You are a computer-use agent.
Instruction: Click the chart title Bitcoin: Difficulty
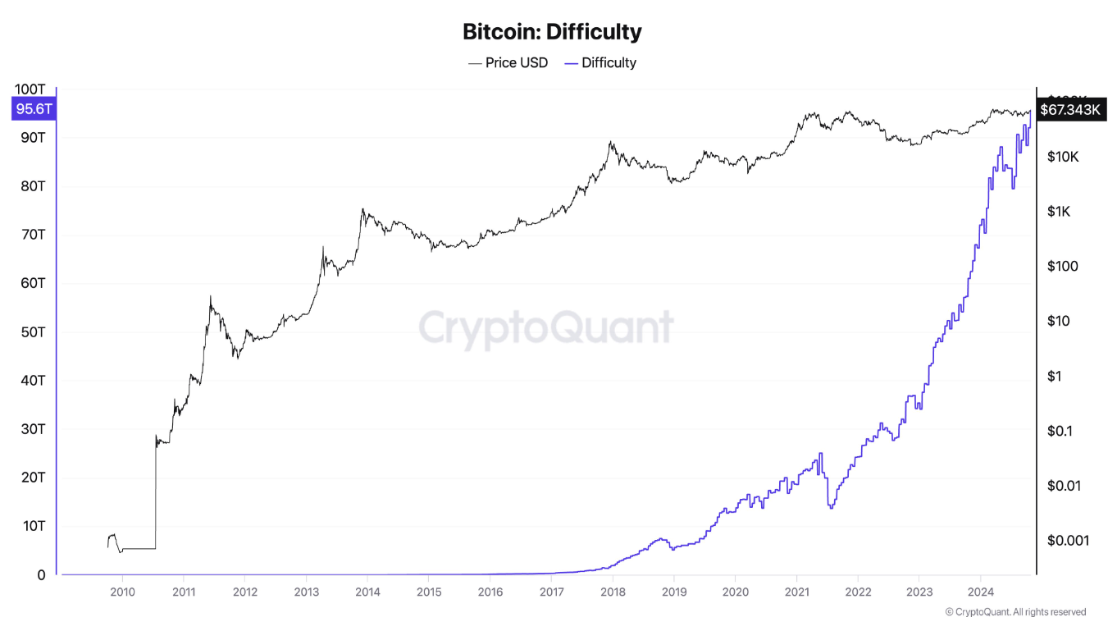552,32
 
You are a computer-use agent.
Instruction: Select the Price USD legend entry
508,62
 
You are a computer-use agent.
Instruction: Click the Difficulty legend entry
600,62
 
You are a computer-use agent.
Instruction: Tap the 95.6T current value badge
34,109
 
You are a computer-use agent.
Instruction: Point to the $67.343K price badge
1069,109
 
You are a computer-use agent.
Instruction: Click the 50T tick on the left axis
34,332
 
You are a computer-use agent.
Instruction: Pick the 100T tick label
30,89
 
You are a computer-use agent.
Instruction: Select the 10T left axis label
34,526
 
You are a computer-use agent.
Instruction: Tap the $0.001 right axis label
1067,540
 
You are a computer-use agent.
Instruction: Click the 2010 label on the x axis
122,592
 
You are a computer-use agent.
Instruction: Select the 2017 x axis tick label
551,592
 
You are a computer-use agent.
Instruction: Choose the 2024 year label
981,592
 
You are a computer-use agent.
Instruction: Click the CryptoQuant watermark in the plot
546,327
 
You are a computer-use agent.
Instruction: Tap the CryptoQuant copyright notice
1015,612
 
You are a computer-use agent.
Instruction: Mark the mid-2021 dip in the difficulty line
832,506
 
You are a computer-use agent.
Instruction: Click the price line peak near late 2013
362,209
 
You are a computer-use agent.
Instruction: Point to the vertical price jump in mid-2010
155,492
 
